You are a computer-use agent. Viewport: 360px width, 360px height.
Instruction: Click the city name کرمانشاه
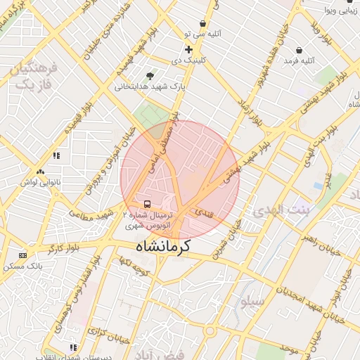pos(172,249)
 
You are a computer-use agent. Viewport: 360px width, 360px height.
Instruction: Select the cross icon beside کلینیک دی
pos(188,49)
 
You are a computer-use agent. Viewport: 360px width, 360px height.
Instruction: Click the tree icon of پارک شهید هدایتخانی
pos(149,75)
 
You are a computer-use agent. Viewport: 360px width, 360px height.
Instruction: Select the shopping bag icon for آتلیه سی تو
pos(203,23)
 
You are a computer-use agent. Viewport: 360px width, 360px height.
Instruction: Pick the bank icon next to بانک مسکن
pos(23,255)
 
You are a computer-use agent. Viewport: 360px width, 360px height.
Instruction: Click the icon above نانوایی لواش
pos(40,171)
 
